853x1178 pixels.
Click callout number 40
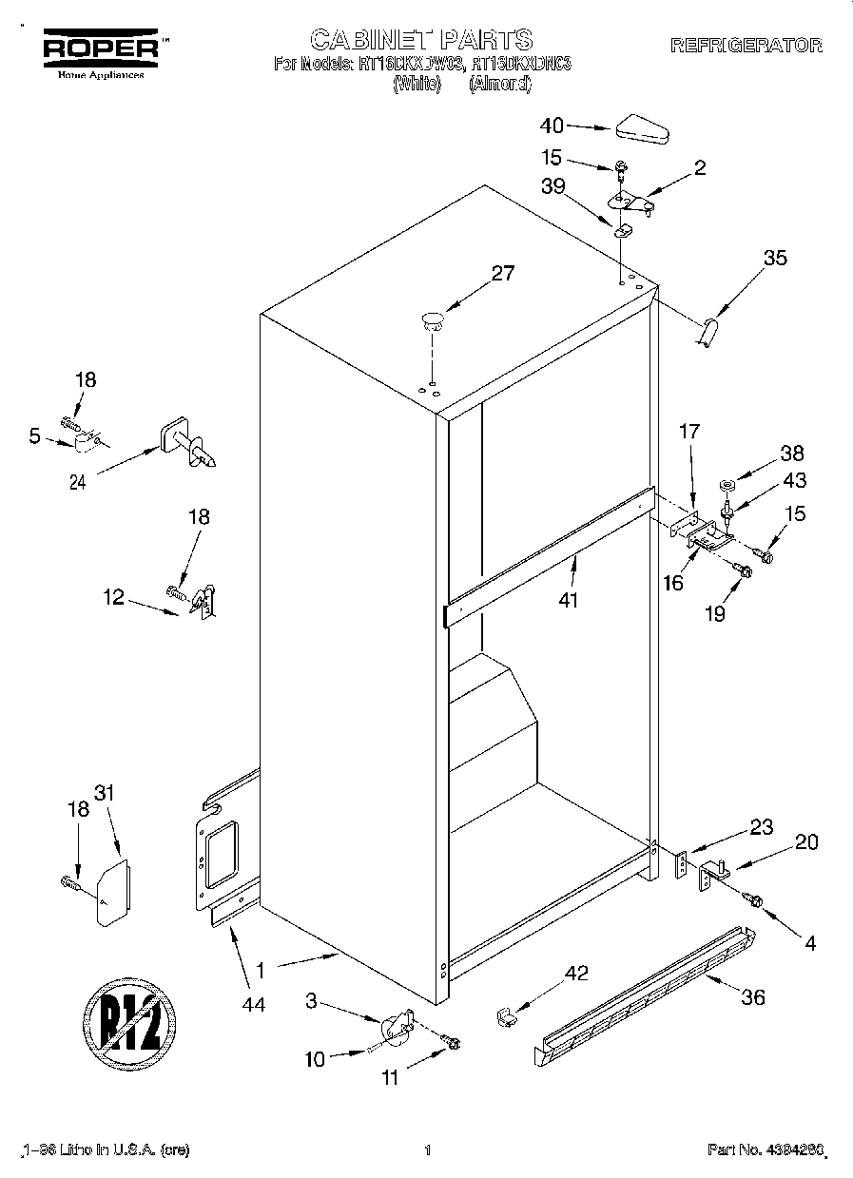click(x=552, y=125)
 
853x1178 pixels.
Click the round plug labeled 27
click(x=433, y=319)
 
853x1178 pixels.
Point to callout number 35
click(x=775, y=257)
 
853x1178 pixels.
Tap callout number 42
click(x=576, y=973)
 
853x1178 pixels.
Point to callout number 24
click(x=78, y=481)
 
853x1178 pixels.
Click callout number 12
click(x=114, y=597)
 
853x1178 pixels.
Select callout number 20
click(x=805, y=841)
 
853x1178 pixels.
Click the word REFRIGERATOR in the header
click(x=746, y=45)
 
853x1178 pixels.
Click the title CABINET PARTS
click(x=422, y=39)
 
